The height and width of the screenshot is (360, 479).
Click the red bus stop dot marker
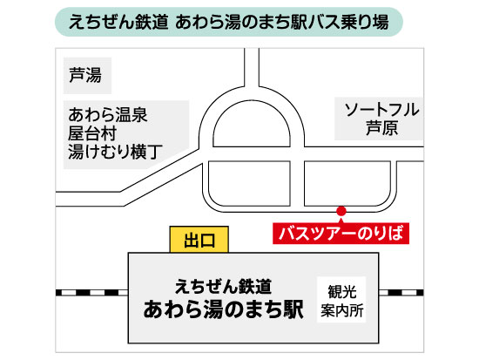coord(341,211)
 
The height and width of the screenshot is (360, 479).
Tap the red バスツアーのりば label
coord(341,234)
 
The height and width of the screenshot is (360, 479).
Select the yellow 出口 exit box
coord(199,240)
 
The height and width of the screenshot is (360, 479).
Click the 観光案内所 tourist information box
coord(341,300)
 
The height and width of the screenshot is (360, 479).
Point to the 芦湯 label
coord(85,75)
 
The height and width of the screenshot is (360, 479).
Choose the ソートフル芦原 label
coord(381,119)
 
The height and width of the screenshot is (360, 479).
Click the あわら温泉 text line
coord(108,115)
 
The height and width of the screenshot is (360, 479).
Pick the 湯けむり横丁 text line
coord(115,152)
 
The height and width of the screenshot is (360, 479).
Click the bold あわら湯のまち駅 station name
coord(223,309)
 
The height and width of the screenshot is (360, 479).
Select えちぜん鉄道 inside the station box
coord(223,287)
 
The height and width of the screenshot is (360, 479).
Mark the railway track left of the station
coord(91,293)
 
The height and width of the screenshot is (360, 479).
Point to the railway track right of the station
coord(401,293)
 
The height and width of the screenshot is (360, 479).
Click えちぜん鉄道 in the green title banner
coord(118,22)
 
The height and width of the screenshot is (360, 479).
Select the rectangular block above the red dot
coord(347,184)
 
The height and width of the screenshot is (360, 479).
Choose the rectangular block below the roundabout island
coord(249,184)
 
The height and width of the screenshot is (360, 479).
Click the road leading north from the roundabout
coord(252,67)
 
